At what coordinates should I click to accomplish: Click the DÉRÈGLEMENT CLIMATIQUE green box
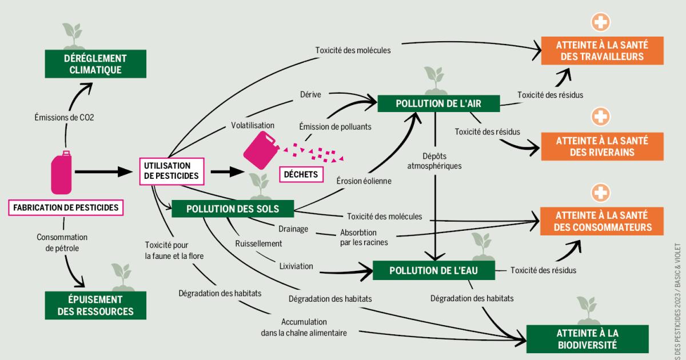95,64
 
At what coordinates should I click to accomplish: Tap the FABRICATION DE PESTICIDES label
66,207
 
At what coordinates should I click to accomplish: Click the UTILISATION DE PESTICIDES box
171,171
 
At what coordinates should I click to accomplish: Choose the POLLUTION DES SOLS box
233,209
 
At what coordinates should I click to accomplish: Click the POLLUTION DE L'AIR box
438,103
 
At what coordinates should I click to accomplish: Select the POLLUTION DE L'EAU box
433,270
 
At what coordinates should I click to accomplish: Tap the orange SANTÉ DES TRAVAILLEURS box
603,50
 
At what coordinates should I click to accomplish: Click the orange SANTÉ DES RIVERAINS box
603,146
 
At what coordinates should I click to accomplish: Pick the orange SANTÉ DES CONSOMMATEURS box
603,221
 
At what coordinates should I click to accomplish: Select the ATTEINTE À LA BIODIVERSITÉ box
587,339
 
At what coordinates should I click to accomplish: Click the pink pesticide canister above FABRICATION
62,173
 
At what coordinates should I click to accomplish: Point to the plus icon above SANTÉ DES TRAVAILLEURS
601,22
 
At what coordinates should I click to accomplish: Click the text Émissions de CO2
65,118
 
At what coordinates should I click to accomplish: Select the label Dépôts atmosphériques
434,161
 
